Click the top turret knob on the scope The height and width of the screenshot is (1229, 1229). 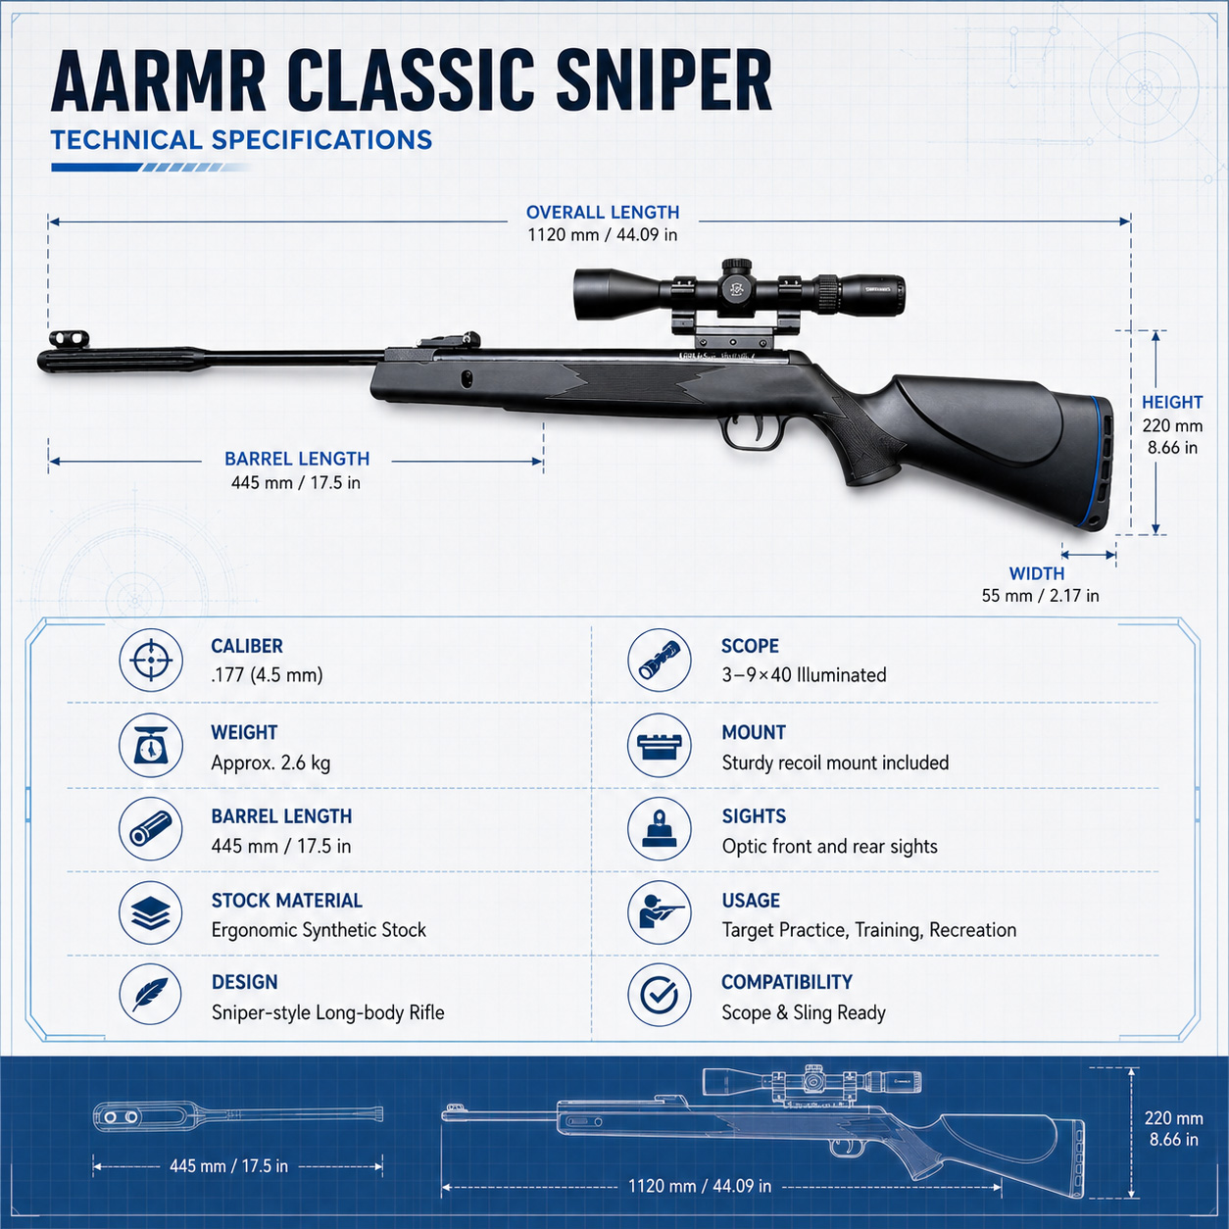tap(737, 266)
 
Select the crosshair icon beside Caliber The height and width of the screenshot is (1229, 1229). tap(151, 660)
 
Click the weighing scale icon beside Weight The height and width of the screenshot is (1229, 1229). tap(151, 746)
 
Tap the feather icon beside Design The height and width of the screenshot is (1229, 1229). tap(151, 995)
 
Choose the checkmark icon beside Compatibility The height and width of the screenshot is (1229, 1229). tap(659, 995)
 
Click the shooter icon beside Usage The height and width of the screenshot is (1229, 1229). tap(659, 912)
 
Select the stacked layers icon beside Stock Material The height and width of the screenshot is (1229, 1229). tap(151, 912)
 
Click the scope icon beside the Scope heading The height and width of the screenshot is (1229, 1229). tap(659, 660)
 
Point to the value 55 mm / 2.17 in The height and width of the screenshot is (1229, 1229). tap(1040, 596)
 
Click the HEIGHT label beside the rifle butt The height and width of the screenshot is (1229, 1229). tap(1172, 403)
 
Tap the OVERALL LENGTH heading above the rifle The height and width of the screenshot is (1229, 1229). tap(603, 213)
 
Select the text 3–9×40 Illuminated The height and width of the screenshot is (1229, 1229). tap(805, 674)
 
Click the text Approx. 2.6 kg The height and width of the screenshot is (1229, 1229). tap(271, 762)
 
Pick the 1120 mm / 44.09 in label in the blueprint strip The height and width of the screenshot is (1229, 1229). tap(700, 1186)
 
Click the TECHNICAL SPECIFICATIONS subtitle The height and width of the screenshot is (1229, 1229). tap(242, 140)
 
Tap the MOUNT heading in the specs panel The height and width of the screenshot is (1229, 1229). tap(754, 732)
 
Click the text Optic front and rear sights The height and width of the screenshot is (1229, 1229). tap(830, 847)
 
